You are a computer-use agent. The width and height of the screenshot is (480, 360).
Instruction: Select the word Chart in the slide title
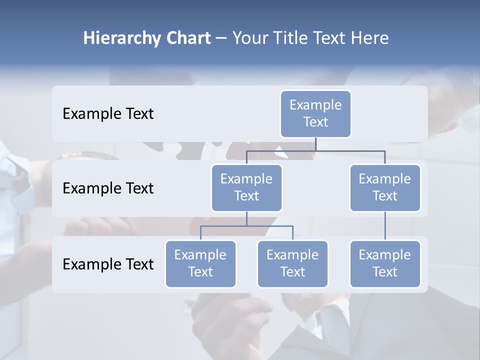(x=188, y=38)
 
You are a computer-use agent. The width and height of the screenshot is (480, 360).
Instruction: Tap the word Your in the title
(x=249, y=38)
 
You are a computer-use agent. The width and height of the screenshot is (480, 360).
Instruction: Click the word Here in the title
(x=369, y=38)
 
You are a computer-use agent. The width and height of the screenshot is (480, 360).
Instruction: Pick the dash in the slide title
(x=221, y=38)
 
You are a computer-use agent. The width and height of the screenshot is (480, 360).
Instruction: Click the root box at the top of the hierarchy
(x=315, y=114)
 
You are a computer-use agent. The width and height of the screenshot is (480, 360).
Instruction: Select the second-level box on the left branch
(x=246, y=188)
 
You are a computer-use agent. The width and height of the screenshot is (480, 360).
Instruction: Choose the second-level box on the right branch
(x=385, y=188)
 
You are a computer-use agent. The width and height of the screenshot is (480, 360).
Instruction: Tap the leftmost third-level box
(x=200, y=264)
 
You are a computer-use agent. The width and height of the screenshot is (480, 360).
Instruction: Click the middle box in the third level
(x=292, y=264)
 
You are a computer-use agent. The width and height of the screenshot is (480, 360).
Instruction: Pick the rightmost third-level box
(x=385, y=264)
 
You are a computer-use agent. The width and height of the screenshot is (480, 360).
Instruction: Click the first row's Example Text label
(x=108, y=114)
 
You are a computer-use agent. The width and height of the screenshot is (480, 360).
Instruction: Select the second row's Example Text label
(x=108, y=188)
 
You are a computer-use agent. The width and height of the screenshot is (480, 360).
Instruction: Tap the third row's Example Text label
(x=108, y=264)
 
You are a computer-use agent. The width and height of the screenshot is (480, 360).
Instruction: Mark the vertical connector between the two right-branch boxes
(x=385, y=226)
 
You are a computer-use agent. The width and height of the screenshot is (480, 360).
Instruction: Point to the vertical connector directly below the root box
(x=315, y=144)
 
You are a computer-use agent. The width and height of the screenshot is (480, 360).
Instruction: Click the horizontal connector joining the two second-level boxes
(x=315, y=150)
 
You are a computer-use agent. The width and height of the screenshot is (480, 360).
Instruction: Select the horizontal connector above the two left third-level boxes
(x=246, y=226)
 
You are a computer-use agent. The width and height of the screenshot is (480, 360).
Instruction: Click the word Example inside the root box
(x=315, y=105)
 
